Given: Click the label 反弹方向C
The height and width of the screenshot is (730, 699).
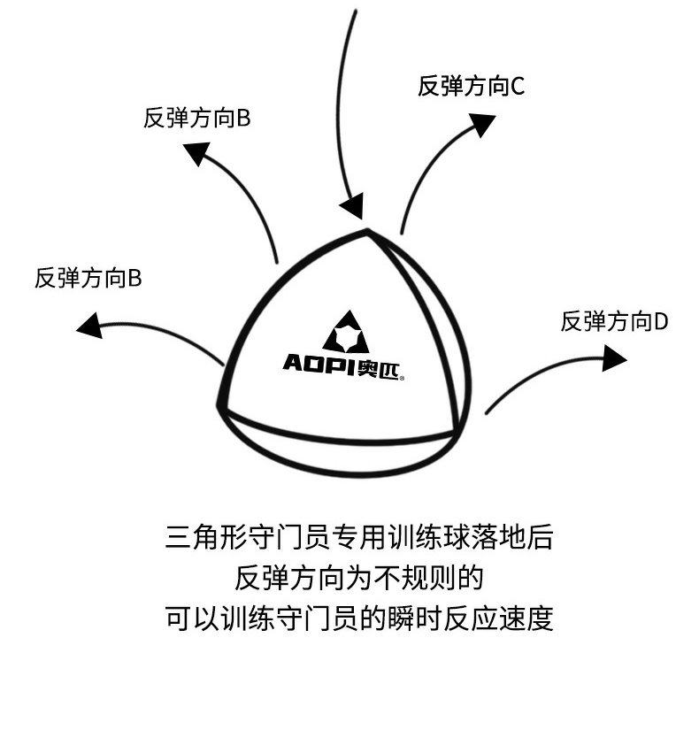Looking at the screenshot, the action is pyautogui.click(x=472, y=86).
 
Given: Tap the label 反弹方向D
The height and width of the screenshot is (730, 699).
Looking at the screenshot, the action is pyautogui.click(x=614, y=321).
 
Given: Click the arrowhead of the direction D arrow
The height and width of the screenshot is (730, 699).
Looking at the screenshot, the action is pyautogui.click(x=614, y=358).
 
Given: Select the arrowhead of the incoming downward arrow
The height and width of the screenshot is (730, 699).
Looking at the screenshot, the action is pyautogui.click(x=352, y=206).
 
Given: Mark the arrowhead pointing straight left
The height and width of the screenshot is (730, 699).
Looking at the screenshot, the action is pyautogui.click(x=89, y=325).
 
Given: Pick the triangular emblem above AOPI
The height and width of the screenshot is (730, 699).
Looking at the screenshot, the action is pyautogui.click(x=345, y=332).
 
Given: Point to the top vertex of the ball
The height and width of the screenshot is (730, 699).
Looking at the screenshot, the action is pyautogui.click(x=367, y=232).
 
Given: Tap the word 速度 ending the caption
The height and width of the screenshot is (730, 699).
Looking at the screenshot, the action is pyautogui.click(x=533, y=618).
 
